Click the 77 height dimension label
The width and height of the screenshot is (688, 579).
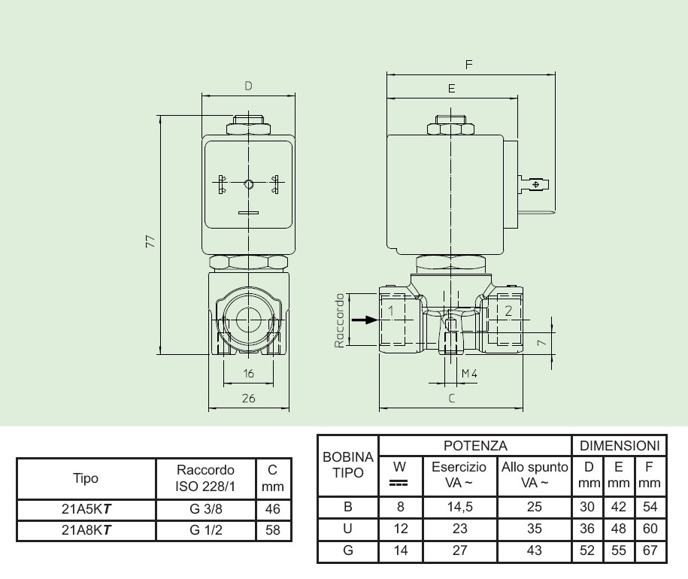(150, 241)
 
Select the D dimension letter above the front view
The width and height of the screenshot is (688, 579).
(248, 86)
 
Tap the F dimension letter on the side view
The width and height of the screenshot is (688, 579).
(469, 65)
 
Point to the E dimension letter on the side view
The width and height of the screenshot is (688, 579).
(451, 89)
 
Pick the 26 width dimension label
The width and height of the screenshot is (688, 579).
(249, 399)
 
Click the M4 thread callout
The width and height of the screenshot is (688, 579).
(469, 374)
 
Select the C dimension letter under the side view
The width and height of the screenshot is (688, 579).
(451, 399)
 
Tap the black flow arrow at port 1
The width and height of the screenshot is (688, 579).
(365, 320)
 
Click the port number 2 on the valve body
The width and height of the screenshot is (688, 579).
(508, 310)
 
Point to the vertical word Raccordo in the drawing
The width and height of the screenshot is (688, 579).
(339, 320)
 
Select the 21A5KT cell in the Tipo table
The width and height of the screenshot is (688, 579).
(86, 509)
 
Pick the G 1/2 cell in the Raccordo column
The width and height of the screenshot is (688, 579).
(206, 529)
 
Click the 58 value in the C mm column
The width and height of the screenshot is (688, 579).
(272, 529)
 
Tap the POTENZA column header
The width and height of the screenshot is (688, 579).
(475, 446)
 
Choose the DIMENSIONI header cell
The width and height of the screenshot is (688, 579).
(620, 446)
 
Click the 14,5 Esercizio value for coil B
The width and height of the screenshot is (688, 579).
(460, 507)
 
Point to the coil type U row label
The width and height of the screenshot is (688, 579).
(347, 529)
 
